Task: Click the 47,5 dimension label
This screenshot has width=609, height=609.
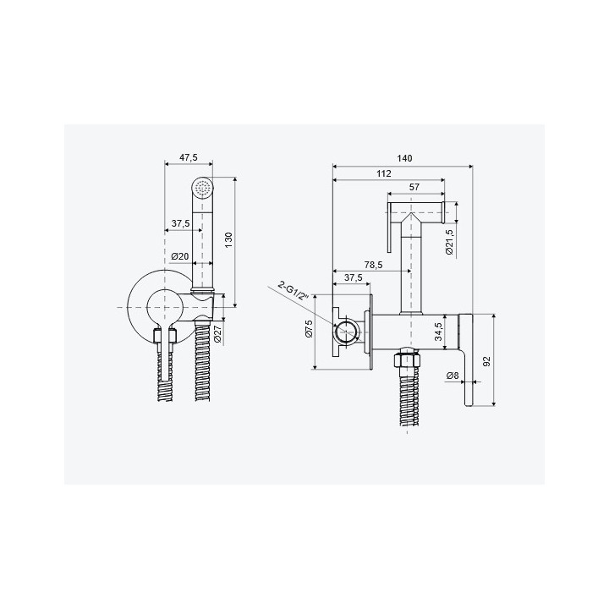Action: (x=189, y=157)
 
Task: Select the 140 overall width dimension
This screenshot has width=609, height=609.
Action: (x=404, y=158)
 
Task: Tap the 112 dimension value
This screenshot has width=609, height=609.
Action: (x=384, y=173)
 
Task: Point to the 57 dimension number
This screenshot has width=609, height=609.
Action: (x=414, y=187)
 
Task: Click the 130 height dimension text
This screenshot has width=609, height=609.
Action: (x=228, y=240)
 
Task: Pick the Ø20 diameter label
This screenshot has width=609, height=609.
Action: (x=180, y=256)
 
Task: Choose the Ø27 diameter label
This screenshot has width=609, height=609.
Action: (x=218, y=334)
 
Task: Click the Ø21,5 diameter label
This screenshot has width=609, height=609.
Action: (x=449, y=242)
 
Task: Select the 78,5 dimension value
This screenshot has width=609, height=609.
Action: (x=373, y=265)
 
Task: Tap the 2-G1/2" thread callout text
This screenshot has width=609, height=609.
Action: (x=294, y=290)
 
